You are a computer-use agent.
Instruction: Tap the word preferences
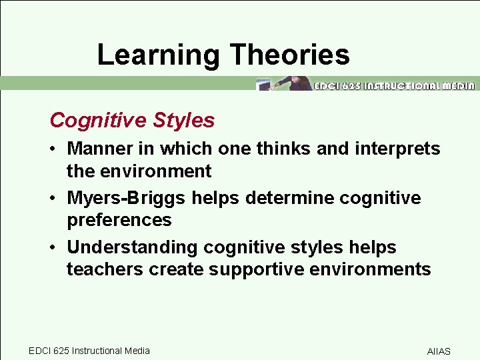(119, 220)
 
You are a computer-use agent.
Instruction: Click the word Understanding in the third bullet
(133, 247)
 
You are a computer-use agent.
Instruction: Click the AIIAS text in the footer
(439, 351)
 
